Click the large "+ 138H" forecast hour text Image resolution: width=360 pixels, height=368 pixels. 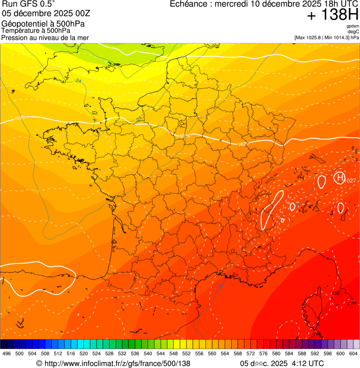[333, 15]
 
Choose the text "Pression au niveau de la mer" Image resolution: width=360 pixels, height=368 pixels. [45, 37]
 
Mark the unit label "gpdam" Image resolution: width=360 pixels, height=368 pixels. [353, 26]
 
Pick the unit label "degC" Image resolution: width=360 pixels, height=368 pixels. [353, 31]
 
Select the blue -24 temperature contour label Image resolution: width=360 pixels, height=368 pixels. [78, 81]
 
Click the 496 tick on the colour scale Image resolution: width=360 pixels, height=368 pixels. [7, 353]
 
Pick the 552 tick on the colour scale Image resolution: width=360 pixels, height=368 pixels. [186, 353]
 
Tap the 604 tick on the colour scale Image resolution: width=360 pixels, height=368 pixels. [353, 353]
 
